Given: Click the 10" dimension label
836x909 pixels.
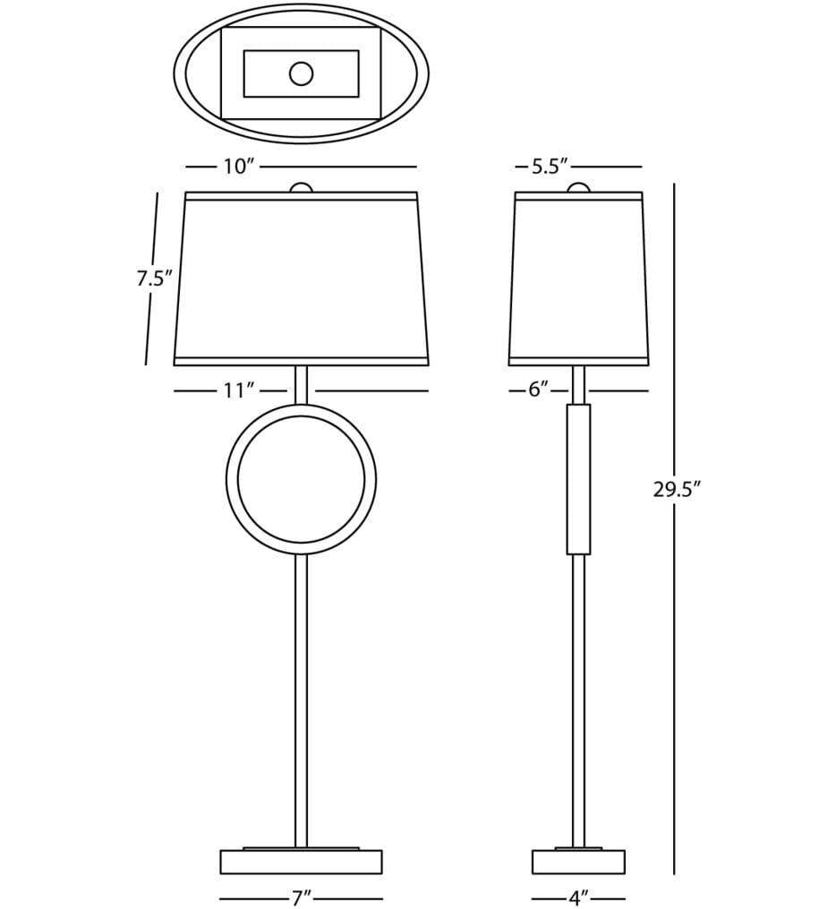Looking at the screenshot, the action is click(239, 167).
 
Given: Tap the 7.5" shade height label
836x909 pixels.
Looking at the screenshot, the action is click(155, 279).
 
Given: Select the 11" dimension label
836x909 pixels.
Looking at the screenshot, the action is click(239, 390).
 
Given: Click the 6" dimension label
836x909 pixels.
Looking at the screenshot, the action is click(538, 390).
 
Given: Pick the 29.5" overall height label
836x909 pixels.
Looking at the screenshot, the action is click(678, 490).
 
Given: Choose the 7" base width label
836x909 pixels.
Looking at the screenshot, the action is click(302, 898).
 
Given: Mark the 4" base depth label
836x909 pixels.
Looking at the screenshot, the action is click(578, 898).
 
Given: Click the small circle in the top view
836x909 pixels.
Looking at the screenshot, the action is click(302, 73).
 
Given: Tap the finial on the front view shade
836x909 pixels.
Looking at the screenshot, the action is click(302, 187).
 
